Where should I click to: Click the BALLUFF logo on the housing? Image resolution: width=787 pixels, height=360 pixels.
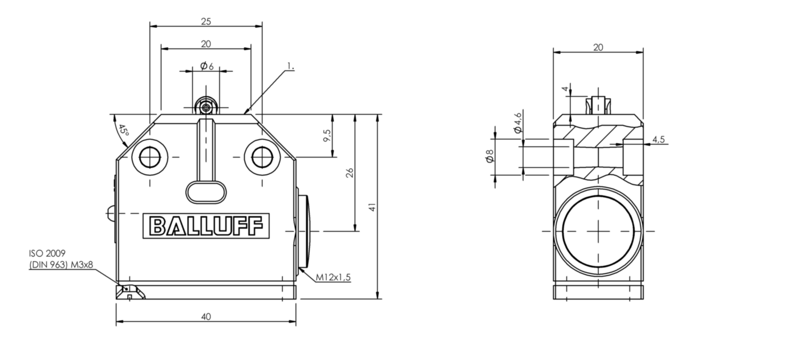click(x=206, y=226)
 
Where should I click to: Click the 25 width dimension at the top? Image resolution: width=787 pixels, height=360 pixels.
click(x=206, y=21)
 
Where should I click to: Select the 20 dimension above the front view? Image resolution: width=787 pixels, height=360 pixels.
click(x=206, y=44)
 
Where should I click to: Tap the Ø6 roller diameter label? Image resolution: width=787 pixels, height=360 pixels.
click(x=206, y=66)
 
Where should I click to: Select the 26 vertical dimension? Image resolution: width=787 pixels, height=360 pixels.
click(x=350, y=172)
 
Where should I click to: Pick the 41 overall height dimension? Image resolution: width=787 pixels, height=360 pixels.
click(x=372, y=207)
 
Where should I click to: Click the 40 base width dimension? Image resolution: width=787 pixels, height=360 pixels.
click(x=206, y=317)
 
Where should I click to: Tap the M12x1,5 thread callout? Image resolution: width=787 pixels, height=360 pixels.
click(x=334, y=277)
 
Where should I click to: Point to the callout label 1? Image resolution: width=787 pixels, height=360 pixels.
click(x=291, y=67)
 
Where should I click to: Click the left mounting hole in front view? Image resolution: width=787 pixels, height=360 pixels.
click(x=150, y=156)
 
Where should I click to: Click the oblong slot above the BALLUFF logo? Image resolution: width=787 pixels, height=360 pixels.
click(x=206, y=192)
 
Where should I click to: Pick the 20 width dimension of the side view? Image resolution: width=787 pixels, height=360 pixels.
click(x=598, y=47)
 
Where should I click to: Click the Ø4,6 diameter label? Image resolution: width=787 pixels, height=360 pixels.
click(x=517, y=123)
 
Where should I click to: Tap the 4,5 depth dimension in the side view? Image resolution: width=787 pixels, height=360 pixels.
click(x=658, y=139)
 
